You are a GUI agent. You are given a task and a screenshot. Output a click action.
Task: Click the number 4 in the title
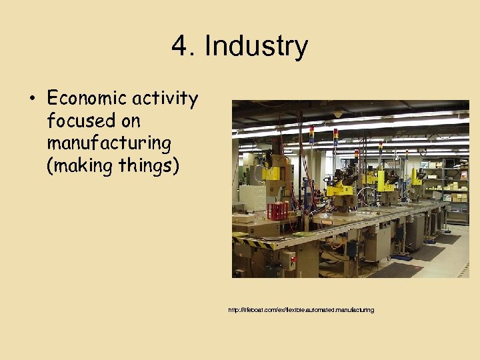[x=179, y=47]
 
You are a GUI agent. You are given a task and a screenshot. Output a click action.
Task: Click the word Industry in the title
[x=256, y=47]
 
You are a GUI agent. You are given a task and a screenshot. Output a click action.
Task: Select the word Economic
[x=88, y=99]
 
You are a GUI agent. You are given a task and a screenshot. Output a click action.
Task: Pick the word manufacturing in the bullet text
[x=109, y=143]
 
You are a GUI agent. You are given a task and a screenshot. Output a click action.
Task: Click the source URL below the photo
[x=301, y=310]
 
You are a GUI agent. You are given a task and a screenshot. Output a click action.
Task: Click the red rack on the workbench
[x=278, y=211]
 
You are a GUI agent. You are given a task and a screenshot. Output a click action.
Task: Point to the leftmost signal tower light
[x=311, y=134]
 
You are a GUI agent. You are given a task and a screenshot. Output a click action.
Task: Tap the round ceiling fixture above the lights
[x=339, y=114]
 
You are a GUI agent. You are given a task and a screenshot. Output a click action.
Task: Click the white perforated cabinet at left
[x=252, y=197]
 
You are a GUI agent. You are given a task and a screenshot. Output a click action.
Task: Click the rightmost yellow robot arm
[x=417, y=176]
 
